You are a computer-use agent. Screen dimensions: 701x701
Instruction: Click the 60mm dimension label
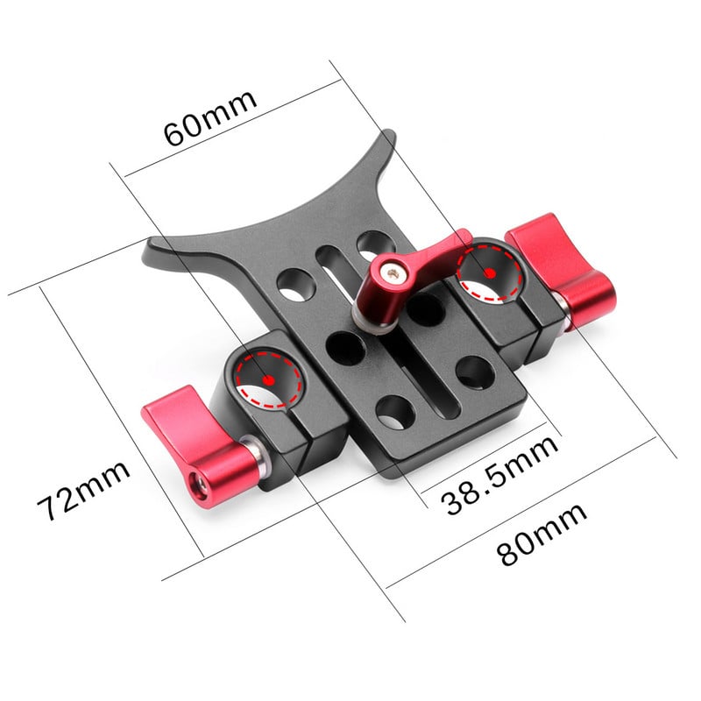211,119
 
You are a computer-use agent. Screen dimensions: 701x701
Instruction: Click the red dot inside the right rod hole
491,273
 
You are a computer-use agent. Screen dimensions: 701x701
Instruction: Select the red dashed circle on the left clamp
266,377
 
